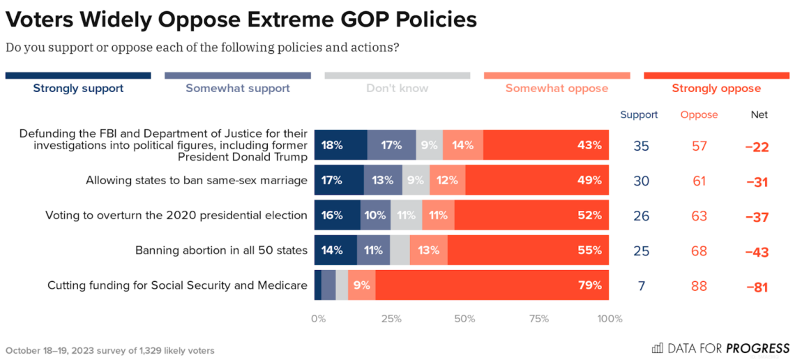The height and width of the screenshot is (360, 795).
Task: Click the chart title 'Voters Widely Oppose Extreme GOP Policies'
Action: point(241,20)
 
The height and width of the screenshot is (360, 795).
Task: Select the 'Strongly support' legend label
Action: point(78,89)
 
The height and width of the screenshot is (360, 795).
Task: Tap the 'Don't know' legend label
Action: point(397,89)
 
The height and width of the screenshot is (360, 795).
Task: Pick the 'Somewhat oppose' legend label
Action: point(556,89)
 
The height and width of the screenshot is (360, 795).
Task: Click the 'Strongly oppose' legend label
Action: point(716,89)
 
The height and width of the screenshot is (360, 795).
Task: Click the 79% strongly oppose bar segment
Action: point(492,285)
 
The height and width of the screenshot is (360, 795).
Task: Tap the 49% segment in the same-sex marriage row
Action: point(537,181)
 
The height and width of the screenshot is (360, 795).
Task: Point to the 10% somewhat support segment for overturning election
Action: point(375,216)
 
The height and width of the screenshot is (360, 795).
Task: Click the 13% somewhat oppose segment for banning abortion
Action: point(429,250)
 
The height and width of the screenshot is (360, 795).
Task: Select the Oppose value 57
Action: point(699,146)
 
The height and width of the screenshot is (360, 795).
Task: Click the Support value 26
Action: point(642,216)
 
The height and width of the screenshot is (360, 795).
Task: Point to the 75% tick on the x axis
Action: point(538,319)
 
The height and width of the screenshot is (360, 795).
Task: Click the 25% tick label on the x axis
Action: point(391,319)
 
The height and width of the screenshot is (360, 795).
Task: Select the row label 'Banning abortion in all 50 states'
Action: point(221,250)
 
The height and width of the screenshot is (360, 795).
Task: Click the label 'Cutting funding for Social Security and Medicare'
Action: point(177,285)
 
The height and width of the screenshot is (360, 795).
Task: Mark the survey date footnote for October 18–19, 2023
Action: point(110,350)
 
